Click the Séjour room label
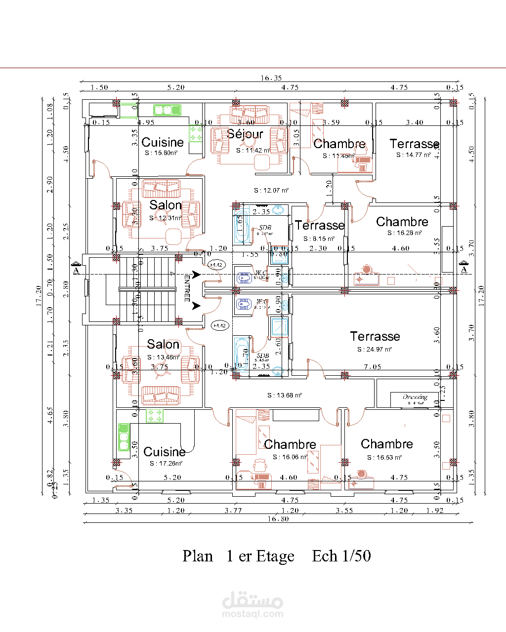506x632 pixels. click(x=245, y=134)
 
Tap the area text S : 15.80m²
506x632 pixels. click(x=161, y=153)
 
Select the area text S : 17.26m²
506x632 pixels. click(x=166, y=464)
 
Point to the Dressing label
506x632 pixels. click(x=415, y=397)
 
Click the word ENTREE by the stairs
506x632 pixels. click(x=187, y=288)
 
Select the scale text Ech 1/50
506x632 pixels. click(x=341, y=556)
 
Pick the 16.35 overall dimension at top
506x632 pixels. click(x=271, y=78)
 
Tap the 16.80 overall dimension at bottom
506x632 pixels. click(x=278, y=519)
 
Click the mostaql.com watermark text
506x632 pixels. click(x=253, y=614)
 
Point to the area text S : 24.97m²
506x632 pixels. click(x=375, y=350)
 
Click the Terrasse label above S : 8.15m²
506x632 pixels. click(x=320, y=226)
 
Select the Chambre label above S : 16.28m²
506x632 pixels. click(x=402, y=222)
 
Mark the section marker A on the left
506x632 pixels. click(x=76, y=270)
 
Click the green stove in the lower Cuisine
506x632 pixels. click(x=155, y=416)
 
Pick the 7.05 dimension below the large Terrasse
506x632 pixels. click(x=372, y=367)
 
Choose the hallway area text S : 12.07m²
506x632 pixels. click(x=271, y=191)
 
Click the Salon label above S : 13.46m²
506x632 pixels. click(x=163, y=344)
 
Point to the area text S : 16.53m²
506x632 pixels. click(x=384, y=458)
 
